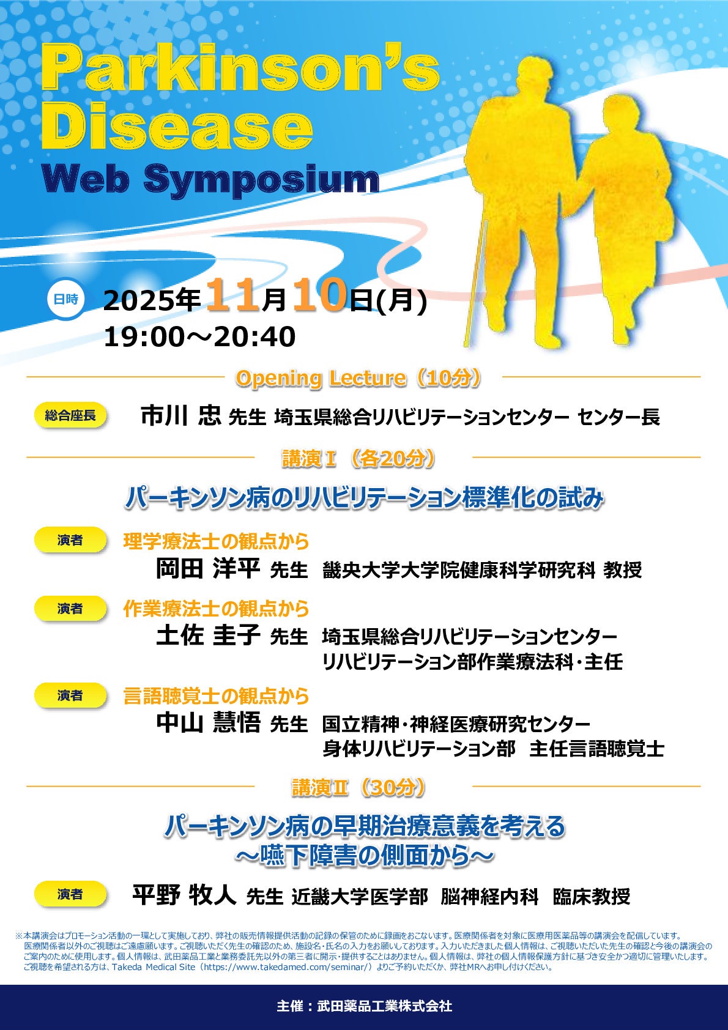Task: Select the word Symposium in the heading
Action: pos(261,180)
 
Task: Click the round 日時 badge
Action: pos(66,299)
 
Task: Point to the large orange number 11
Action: pos(233,295)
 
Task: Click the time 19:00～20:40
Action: pos(199,336)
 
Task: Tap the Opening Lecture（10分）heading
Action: pos(358,379)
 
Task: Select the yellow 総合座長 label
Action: pos(70,416)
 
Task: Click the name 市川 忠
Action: pos(180,416)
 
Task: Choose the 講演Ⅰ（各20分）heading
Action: pos(358,459)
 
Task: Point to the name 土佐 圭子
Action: pos(208,636)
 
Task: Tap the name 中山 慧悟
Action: pos(208,723)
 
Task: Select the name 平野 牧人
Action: pos(184,894)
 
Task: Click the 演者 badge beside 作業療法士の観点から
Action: pos(70,609)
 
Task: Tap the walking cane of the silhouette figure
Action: pos(475,283)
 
